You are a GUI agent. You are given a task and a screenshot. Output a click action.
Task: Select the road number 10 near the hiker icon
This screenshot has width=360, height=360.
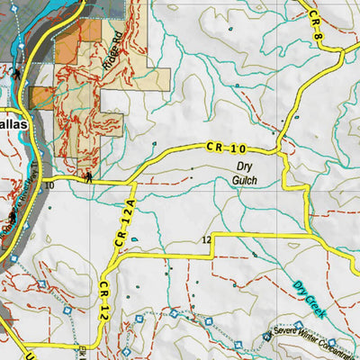point(48,184)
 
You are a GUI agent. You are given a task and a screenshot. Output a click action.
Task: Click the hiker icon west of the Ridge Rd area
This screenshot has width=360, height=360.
point(18,76)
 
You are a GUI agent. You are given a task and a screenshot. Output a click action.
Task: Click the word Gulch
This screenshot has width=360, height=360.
point(246,181)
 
